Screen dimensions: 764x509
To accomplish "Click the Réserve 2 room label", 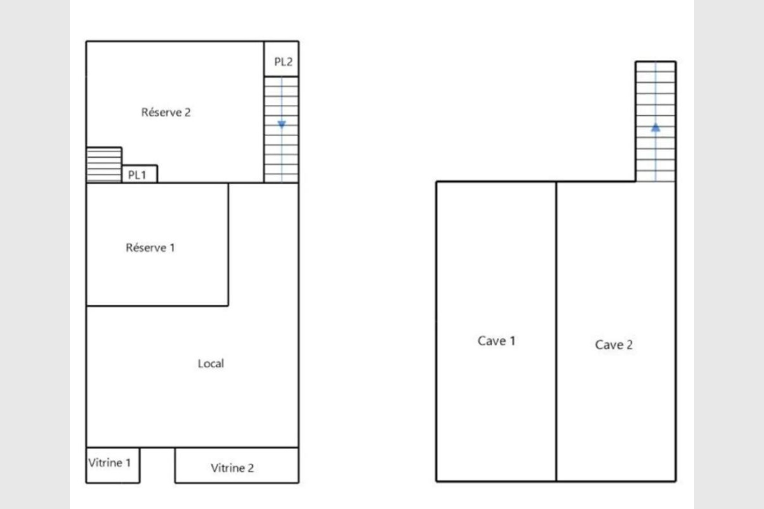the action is tap(166, 112).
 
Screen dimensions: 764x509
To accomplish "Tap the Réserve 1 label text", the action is tap(150, 248).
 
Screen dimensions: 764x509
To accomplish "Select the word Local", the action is tap(211, 363).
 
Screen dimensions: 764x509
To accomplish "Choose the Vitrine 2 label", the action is tap(232, 468).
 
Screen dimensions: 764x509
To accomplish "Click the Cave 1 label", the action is tap(496, 340).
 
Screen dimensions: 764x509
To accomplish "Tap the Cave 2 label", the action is tap(614, 345).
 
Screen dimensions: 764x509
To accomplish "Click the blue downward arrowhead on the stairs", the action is tap(281, 125).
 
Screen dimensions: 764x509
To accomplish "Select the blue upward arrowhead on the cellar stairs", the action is tap(656, 127).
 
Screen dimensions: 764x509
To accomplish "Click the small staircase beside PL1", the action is tap(104, 165).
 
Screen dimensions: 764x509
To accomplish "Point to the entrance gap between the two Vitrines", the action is tap(158, 465).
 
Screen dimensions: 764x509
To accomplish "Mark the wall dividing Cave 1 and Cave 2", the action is tap(556, 331).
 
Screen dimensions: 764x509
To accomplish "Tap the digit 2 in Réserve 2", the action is tap(187, 113).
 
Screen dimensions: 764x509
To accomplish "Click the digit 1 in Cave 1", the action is tap(512, 341).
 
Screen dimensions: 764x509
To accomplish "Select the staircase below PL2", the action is tap(281, 130).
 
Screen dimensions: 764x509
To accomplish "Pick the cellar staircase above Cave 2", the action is tap(656, 122).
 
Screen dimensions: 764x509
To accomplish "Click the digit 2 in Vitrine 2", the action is tap(251, 468).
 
